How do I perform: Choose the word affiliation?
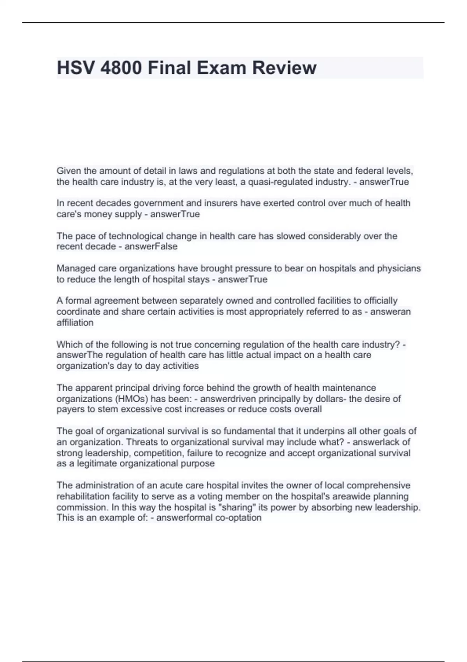coord(75,322)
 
